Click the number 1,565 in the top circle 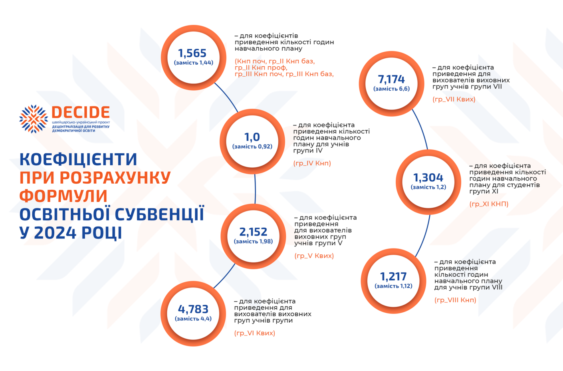pyautogui.click(x=192, y=53)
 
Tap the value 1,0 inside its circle pyautogui.click(x=252, y=137)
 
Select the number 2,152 pyautogui.click(x=253, y=232)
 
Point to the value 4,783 pyautogui.click(x=193, y=309)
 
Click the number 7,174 pyautogui.click(x=391, y=79)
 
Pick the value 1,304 pyautogui.click(x=428, y=177)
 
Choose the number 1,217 pyautogui.click(x=393, y=276)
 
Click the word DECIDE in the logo pyautogui.click(x=81, y=112)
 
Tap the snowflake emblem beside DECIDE pyautogui.click(x=34, y=119)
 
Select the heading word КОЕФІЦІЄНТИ pyautogui.click(x=78, y=159)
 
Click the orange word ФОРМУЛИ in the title pyautogui.click(x=63, y=196)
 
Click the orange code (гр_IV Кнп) pyautogui.click(x=312, y=163)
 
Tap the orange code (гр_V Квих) pyautogui.click(x=314, y=256)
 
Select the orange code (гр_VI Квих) pyautogui.click(x=254, y=333)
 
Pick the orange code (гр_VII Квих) pyautogui.click(x=454, y=99)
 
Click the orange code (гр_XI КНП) pyautogui.click(x=489, y=204)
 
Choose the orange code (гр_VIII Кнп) pyautogui.click(x=455, y=300)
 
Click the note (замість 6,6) pyautogui.click(x=391, y=89)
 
